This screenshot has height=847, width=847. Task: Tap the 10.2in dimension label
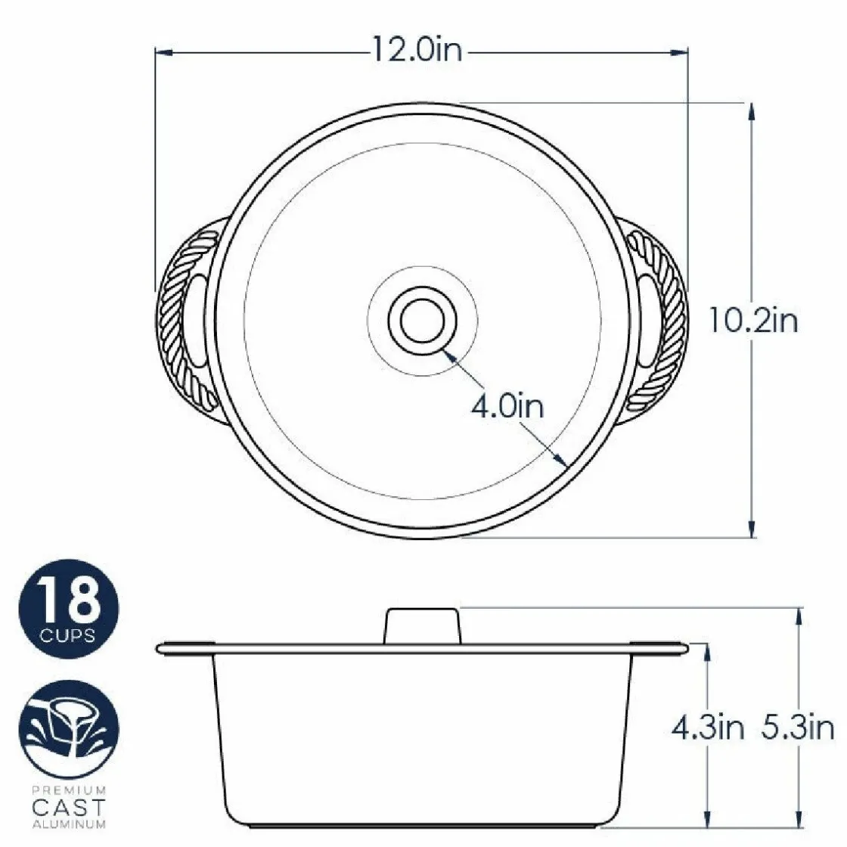753,321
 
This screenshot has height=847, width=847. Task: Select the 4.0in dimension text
507,406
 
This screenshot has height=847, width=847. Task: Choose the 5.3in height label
797,729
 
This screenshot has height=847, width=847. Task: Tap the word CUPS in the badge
68,636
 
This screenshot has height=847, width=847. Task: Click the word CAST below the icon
68,808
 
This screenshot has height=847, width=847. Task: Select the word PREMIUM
68,790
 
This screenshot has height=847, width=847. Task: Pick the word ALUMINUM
69,825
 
